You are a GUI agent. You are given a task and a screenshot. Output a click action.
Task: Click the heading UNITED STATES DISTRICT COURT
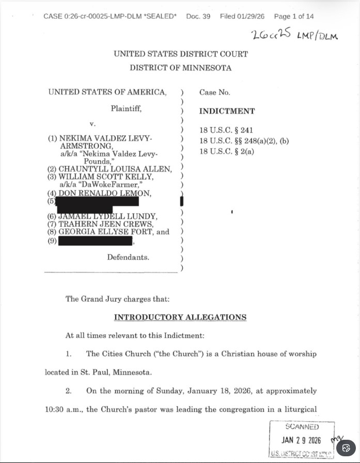[x=180, y=54]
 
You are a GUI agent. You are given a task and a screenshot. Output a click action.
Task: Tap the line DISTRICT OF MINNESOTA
[x=180, y=68]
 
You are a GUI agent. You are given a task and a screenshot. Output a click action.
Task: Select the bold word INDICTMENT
[x=227, y=111]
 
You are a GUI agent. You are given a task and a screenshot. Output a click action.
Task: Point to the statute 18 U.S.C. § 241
[x=226, y=130]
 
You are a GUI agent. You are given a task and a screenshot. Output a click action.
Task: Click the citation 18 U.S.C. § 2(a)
[x=227, y=151]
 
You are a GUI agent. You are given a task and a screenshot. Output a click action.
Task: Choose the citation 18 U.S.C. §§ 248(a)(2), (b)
[x=244, y=141]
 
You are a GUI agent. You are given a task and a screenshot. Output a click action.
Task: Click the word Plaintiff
[x=126, y=109]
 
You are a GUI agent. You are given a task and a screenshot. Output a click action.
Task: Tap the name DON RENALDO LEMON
[x=105, y=193]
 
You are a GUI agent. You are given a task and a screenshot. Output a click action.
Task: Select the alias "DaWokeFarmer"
[x=109, y=184]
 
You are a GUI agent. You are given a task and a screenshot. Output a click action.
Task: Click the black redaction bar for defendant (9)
[x=96, y=241]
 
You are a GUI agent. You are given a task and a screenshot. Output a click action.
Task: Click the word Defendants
[x=128, y=257]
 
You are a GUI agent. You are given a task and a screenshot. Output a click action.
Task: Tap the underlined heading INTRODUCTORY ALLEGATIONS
[x=180, y=317]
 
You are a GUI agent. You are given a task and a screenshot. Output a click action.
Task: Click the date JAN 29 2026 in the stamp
[x=301, y=440]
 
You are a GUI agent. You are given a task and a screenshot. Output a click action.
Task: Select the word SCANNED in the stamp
[x=302, y=427]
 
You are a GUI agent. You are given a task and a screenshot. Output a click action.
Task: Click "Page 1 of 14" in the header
[x=294, y=17]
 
